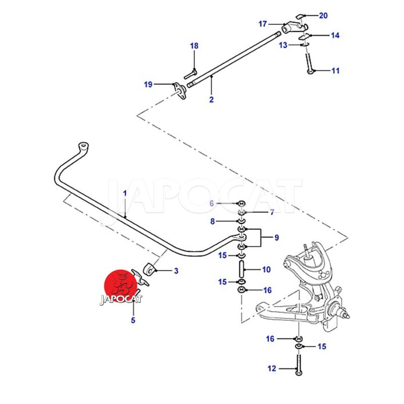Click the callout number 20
point(323,16)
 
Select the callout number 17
point(263,24)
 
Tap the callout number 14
point(335,35)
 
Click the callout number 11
point(335,71)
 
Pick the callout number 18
point(194,46)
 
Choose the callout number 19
point(147,84)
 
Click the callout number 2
point(211,99)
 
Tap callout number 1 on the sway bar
point(125,193)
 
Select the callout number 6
point(212,203)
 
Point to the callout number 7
point(271,212)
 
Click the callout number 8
point(212,221)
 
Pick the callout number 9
point(276,237)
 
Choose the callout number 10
point(266,270)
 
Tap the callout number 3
point(176,271)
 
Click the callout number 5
point(133,320)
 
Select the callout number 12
point(272,369)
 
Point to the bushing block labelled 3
point(148,270)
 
